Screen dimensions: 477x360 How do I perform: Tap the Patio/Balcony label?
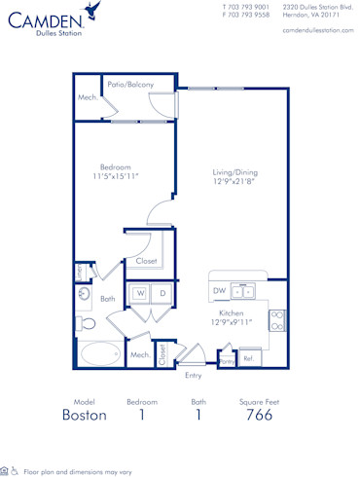pos(130,85)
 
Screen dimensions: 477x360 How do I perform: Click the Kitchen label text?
pos(231,312)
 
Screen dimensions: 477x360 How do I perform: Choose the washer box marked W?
pos(140,292)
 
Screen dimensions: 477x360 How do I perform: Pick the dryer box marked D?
pos(162,292)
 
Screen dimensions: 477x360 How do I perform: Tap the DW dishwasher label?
pos(219,290)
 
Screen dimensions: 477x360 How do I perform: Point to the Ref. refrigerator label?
pos(249,359)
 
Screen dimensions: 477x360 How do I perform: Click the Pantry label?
pos(226,360)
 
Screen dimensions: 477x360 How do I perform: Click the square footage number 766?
pos(258,415)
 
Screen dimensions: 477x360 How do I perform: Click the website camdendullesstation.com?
pos(317,31)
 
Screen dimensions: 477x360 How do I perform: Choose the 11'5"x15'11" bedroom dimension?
pos(117,176)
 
